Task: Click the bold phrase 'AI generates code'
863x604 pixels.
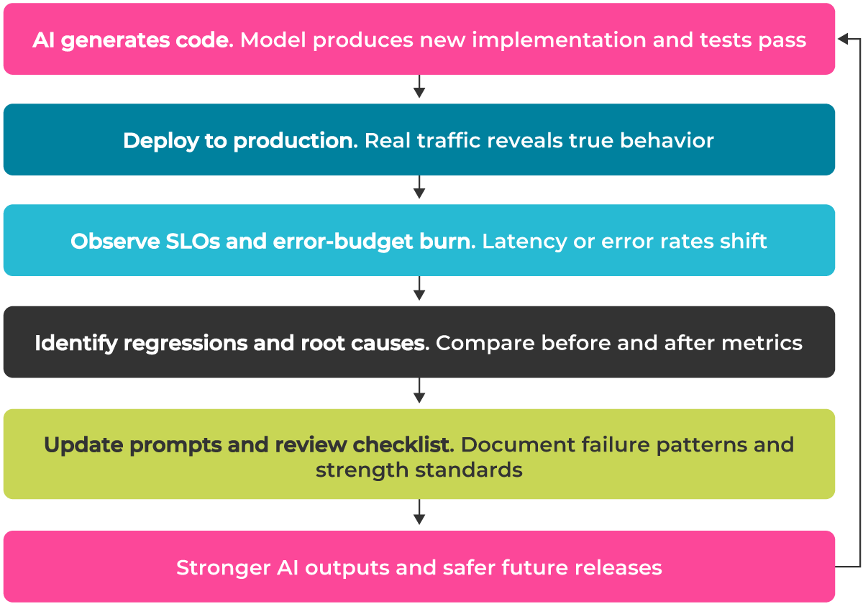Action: (x=132, y=40)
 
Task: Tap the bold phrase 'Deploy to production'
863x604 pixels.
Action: (x=240, y=140)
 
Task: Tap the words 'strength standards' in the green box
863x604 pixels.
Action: (x=419, y=470)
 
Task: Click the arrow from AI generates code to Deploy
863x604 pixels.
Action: (x=419, y=89)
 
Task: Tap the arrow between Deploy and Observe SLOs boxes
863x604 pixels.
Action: (x=419, y=190)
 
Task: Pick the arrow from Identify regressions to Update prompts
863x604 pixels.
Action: (x=419, y=393)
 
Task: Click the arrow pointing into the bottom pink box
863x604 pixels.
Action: (x=419, y=515)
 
